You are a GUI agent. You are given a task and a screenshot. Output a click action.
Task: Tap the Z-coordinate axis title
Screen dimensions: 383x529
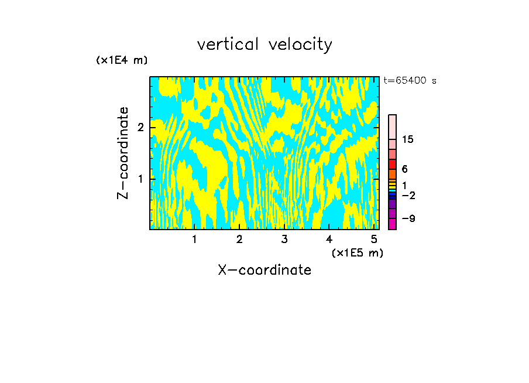point(123,153)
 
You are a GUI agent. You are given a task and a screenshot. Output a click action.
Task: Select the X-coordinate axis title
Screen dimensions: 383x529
point(264,270)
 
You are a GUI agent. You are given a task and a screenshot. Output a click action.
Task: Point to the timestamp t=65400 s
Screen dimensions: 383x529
point(410,81)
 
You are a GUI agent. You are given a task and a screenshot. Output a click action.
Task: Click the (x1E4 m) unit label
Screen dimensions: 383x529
point(122,60)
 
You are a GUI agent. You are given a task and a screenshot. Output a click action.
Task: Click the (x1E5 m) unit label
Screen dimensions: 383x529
point(357,252)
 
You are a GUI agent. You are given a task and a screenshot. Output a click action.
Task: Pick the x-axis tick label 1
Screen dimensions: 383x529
point(194,240)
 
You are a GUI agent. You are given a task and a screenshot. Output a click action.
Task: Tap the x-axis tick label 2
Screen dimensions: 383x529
point(239,240)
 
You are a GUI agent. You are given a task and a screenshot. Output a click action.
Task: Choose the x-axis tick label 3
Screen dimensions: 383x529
point(284,240)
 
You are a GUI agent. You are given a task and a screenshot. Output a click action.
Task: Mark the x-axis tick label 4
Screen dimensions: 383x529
point(329,240)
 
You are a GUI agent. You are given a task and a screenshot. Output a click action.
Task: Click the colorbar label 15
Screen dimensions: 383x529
point(408,139)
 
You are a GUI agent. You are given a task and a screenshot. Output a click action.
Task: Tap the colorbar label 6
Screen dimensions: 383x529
point(404,169)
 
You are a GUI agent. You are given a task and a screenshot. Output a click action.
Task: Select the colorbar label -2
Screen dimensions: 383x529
point(408,195)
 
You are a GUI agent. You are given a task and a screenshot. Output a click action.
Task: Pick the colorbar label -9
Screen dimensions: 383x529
point(408,218)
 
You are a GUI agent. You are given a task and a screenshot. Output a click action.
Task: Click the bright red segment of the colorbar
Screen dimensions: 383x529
point(392,164)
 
